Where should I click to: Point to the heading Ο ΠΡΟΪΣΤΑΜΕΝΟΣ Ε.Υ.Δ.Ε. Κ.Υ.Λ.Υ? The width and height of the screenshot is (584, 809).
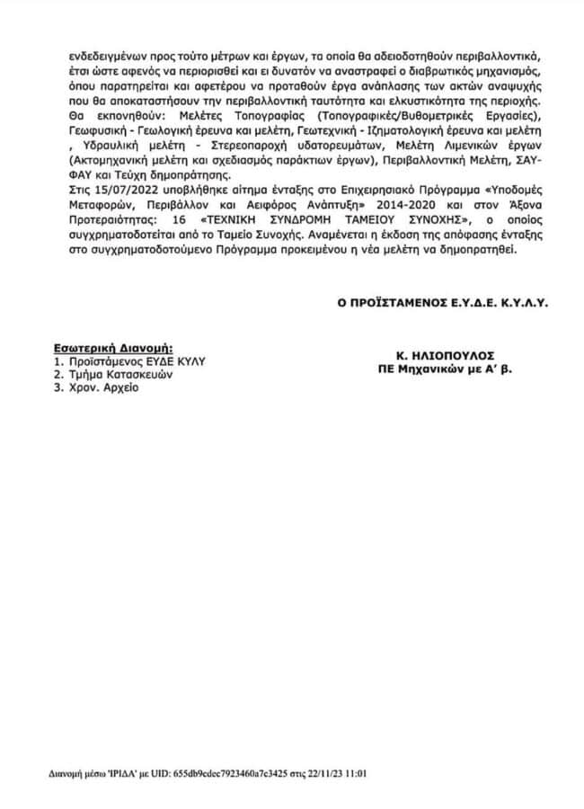(x=442, y=304)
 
